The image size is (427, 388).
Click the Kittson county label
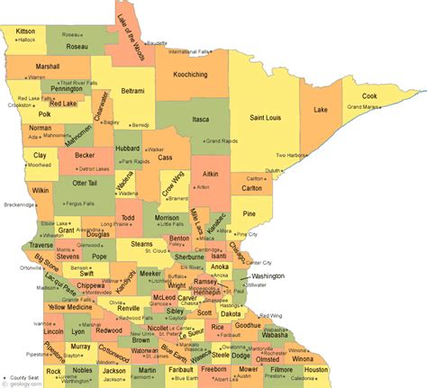click(25, 31)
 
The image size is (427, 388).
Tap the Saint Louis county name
click(270, 118)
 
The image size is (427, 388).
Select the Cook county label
click(370, 95)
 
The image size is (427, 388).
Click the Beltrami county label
click(132, 91)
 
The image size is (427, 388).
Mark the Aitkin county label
click(211, 172)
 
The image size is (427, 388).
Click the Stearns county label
click(141, 243)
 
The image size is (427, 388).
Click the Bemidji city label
click(141, 125)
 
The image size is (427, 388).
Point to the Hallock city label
click(27, 40)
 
